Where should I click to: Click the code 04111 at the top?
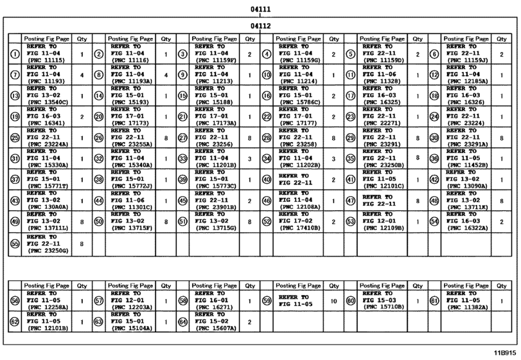(x=260, y=9)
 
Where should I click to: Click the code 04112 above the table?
(x=260, y=26)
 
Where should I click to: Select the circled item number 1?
(x=15, y=54)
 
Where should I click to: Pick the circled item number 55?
(x=15, y=244)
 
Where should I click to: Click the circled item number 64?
(x=182, y=321)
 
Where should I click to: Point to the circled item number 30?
(x=434, y=138)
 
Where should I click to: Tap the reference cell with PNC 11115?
(x=47, y=54)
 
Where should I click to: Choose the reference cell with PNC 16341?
(x=47, y=116)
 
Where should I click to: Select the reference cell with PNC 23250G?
(x=47, y=244)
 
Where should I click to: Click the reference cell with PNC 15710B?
(x=384, y=301)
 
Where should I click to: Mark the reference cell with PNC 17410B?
(x=299, y=222)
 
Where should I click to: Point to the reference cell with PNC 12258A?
(x=47, y=301)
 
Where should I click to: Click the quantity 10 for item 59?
(x=333, y=301)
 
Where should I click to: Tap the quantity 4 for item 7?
(x=82, y=75)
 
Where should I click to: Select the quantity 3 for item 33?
(x=249, y=158)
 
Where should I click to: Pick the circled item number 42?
(x=434, y=180)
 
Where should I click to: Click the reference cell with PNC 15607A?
(x=215, y=321)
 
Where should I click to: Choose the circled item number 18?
(x=434, y=96)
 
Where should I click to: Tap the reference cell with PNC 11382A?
(x=467, y=301)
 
